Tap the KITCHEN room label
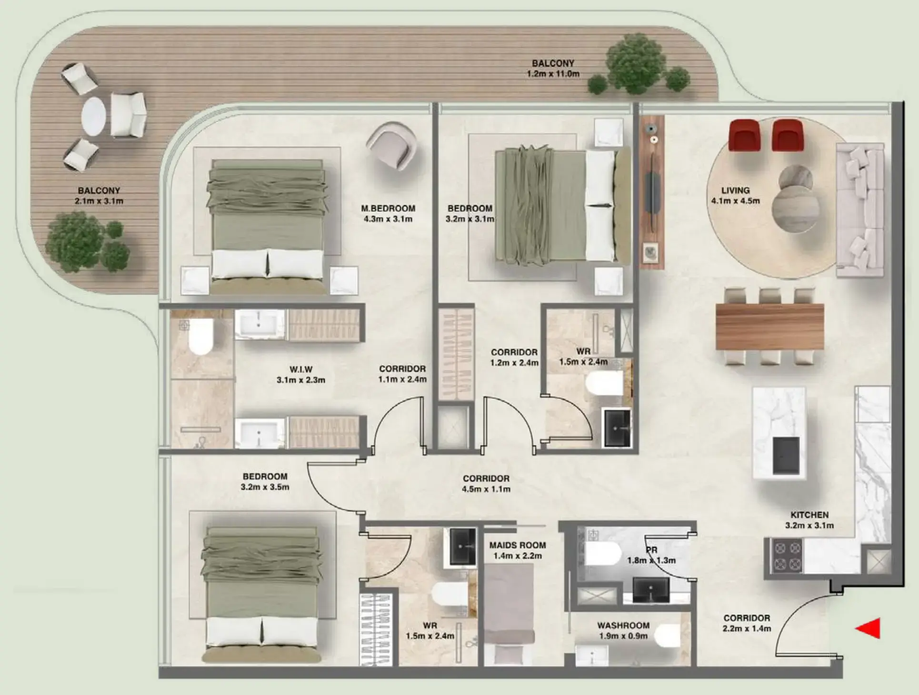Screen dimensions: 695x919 809,515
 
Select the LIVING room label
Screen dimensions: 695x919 735,190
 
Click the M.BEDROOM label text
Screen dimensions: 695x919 388,208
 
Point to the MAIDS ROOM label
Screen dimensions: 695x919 517,545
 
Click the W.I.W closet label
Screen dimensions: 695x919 300,369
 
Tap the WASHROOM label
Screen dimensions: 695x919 623,625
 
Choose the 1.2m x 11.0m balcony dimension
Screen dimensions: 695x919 553,74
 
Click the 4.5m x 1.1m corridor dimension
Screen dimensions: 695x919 486,489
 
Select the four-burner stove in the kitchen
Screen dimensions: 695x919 787,556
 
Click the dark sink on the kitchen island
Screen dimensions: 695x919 786,455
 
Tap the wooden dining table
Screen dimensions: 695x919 769,327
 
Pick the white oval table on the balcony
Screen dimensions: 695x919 93,117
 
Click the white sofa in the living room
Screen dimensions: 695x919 860,210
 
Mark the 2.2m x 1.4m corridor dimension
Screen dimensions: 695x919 746,628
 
